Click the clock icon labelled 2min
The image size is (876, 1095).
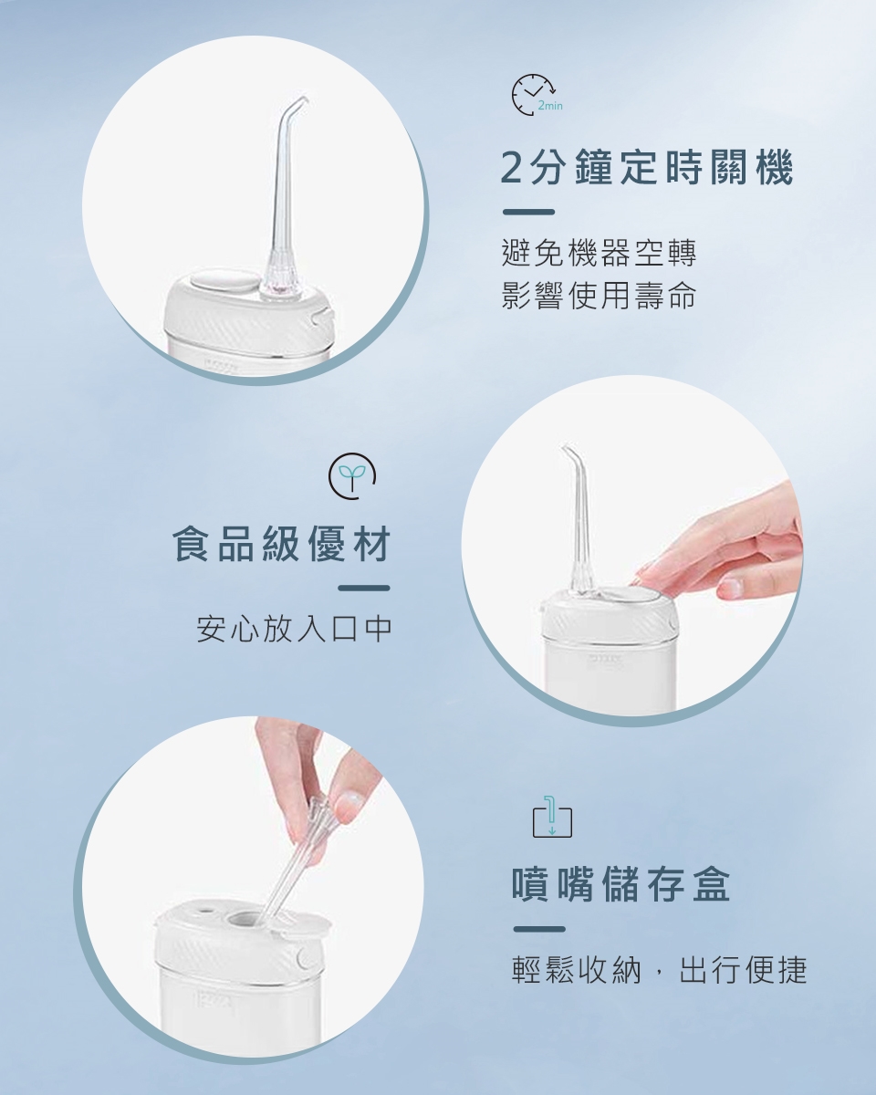tap(534, 95)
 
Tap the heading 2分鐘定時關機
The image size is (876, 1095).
tap(647, 167)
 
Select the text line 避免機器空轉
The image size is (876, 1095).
tap(599, 253)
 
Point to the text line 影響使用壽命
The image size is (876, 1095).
tap(599, 295)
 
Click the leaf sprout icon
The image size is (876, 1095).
tap(352, 475)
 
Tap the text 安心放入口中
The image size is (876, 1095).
tap(294, 629)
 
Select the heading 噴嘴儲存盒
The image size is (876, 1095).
tap(621, 885)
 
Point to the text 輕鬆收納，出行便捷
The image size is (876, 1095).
tap(660, 970)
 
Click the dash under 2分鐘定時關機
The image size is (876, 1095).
tap(528, 212)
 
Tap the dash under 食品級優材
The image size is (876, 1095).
tap(364, 589)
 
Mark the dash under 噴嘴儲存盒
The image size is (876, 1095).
tap(539, 929)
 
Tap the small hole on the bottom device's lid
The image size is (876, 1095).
tap(206, 908)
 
